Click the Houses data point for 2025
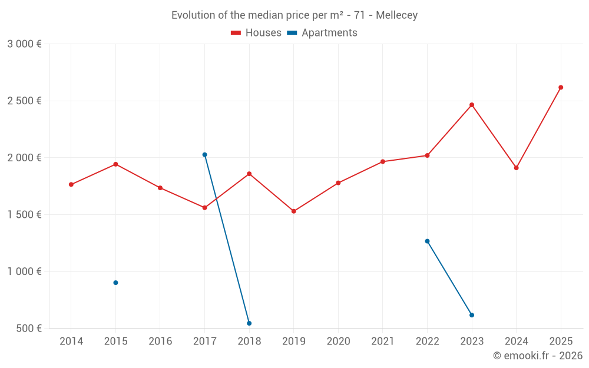[x=561, y=87]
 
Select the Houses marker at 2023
[x=472, y=105]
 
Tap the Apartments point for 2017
[x=204, y=155]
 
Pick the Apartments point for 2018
[x=249, y=323]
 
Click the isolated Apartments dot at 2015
[x=115, y=283]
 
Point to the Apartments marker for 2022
[x=427, y=241]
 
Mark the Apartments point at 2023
[x=472, y=315]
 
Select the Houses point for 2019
[x=294, y=211]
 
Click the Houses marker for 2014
[x=71, y=184]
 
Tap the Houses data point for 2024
[x=516, y=168]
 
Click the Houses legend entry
[x=256, y=33]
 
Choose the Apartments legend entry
[x=322, y=33]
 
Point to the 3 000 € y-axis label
[x=24, y=44]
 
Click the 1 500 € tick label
[x=24, y=215]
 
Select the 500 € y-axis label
[x=28, y=329]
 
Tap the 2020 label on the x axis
[x=338, y=341]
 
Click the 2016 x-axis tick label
[x=160, y=341]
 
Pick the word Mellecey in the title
[x=396, y=15]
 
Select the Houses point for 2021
[x=383, y=161]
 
